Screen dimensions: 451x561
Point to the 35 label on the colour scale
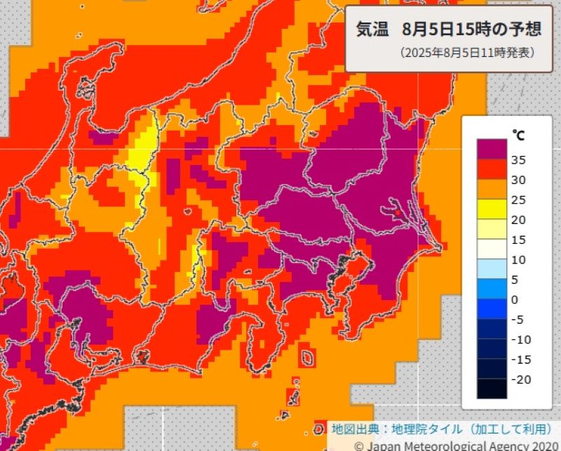(x=520, y=159)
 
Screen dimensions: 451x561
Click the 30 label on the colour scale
(x=520, y=180)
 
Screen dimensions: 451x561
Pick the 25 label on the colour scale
(x=520, y=200)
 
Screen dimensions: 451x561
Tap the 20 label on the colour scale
(x=520, y=220)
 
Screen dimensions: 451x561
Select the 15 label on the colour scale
(x=520, y=240)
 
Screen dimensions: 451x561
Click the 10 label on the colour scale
(x=520, y=260)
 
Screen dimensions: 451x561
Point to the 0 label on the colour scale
(x=515, y=300)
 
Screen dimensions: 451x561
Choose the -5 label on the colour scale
(x=520, y=320)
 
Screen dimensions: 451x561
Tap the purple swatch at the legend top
(x=492, y=149)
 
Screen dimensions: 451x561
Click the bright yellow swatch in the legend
(x=492, y=209)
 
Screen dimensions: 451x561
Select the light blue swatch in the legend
(x=492, y=269)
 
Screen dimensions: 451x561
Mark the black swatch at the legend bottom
(x=492, y=389)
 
